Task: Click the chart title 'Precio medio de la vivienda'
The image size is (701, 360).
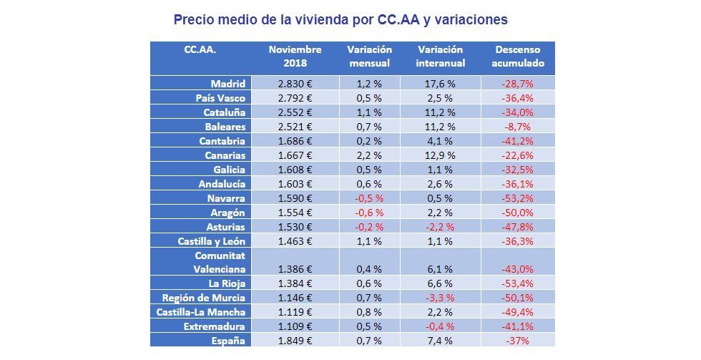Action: (x=340, y=19)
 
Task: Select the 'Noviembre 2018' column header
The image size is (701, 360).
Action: (x=295, y=57)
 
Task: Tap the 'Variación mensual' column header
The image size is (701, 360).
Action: (x=369, y=57)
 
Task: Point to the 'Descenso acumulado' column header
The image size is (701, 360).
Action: (x=518, y=57)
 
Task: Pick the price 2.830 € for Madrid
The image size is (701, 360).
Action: (x=295, y=84)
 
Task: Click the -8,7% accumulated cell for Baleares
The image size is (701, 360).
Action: (x=518, y=127)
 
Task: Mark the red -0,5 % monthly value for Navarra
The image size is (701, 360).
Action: (x=369, y=198)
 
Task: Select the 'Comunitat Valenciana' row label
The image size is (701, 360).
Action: (x=220, y=262)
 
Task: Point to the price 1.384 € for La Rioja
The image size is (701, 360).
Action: (x=295, y=283)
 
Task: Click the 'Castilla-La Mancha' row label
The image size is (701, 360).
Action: (x=201, y=312)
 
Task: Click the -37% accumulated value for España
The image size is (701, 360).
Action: (x=518, y=341)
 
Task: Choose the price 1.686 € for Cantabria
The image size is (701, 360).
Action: (x=295, y=141)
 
